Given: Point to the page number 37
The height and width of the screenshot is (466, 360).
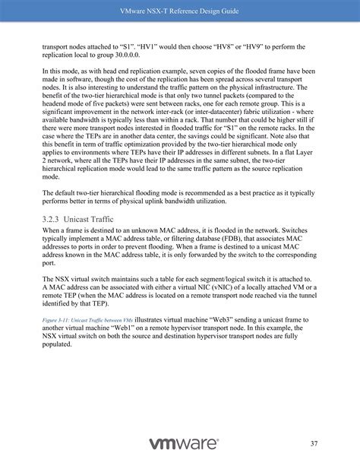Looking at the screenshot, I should pos(314,443).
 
